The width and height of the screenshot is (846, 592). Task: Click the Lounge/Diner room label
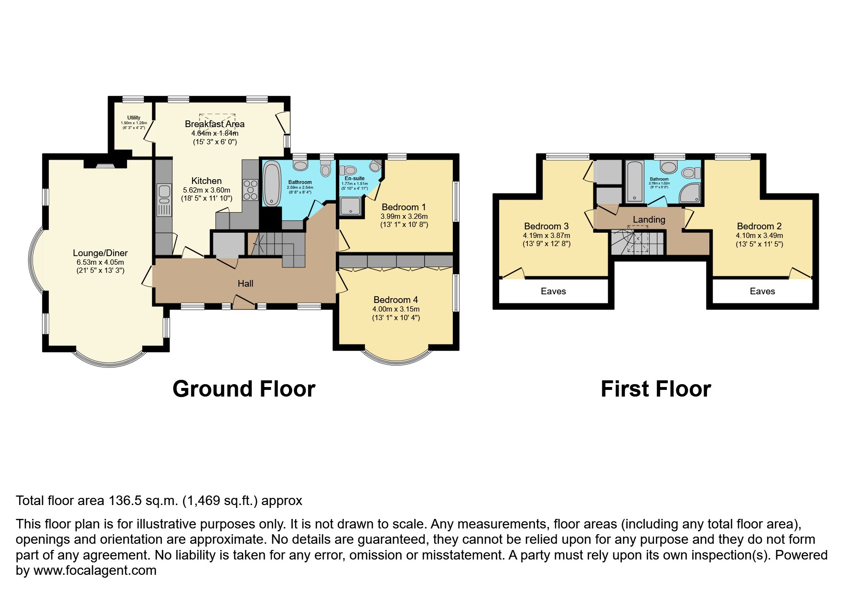click(x=100, y=253)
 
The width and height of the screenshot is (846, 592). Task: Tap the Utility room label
click(x=134, y=118)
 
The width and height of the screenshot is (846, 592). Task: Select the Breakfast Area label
click(x=214, y=124)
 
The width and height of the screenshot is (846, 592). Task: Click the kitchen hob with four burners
click(x=251, y=190)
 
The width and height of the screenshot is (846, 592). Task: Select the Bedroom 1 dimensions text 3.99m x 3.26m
click(x=404, y=216)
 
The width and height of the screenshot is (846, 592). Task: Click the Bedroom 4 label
click(x=396, y=300)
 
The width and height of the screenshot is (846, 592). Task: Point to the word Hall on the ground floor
click(x=246, y=284)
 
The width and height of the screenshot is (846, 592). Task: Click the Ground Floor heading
click(x=244, y=389)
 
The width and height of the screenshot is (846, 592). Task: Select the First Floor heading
click(x=655, y=389)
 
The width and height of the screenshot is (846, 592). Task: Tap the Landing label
click(x=649, y=219)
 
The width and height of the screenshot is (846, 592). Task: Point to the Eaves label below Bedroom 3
click(x=553, y=291)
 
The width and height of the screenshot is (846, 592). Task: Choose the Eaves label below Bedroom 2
click(x=762, y=291)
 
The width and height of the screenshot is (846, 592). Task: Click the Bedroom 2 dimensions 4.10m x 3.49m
click(x=759, y=236)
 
